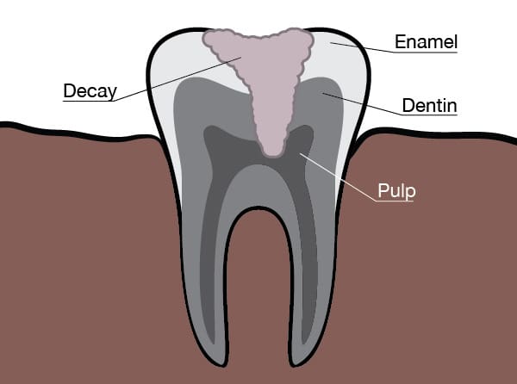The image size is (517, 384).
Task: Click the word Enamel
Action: (426, 42)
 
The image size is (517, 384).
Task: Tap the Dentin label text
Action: (429, 106)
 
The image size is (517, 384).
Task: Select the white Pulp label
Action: (396, 191)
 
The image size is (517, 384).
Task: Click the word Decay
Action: (90, 91)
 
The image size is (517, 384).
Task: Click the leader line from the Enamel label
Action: (363, 47)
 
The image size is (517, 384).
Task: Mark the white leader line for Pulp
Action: (338, 177)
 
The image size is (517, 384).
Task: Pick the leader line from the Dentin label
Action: (363, 104)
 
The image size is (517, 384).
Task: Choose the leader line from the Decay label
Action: (178, 79)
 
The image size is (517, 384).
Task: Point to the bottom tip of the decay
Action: (273, 156)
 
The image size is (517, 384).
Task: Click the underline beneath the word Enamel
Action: (426, 52)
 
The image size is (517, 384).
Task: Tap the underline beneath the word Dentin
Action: (429, 115)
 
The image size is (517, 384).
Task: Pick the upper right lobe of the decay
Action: (298, 41)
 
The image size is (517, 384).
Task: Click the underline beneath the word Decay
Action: (89, 101)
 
